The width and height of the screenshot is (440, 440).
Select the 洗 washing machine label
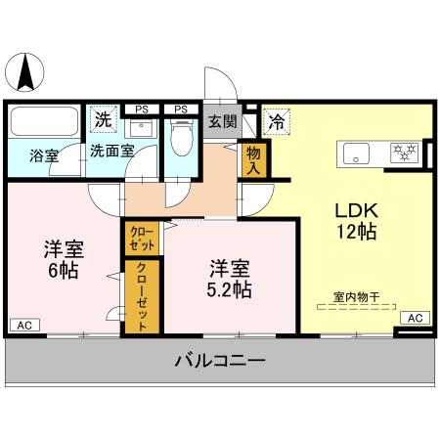click(x=102, y=120)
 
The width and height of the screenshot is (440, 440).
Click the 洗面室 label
click(x=111, y=152)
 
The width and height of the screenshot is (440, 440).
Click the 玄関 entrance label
click(x=222, y=122)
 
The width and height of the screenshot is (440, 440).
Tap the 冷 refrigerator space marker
click(x=277, y=122)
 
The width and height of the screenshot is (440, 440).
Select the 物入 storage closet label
click(x=253, y=159)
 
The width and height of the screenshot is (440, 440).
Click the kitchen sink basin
click(x=354, y=152)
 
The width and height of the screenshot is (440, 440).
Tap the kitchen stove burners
click(x=403, y=152)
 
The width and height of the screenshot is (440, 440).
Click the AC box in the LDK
click(x=415, y=318)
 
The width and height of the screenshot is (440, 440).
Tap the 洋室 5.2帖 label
click(x=230, y=277)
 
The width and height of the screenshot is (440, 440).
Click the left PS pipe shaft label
click(x=143, y=109)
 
